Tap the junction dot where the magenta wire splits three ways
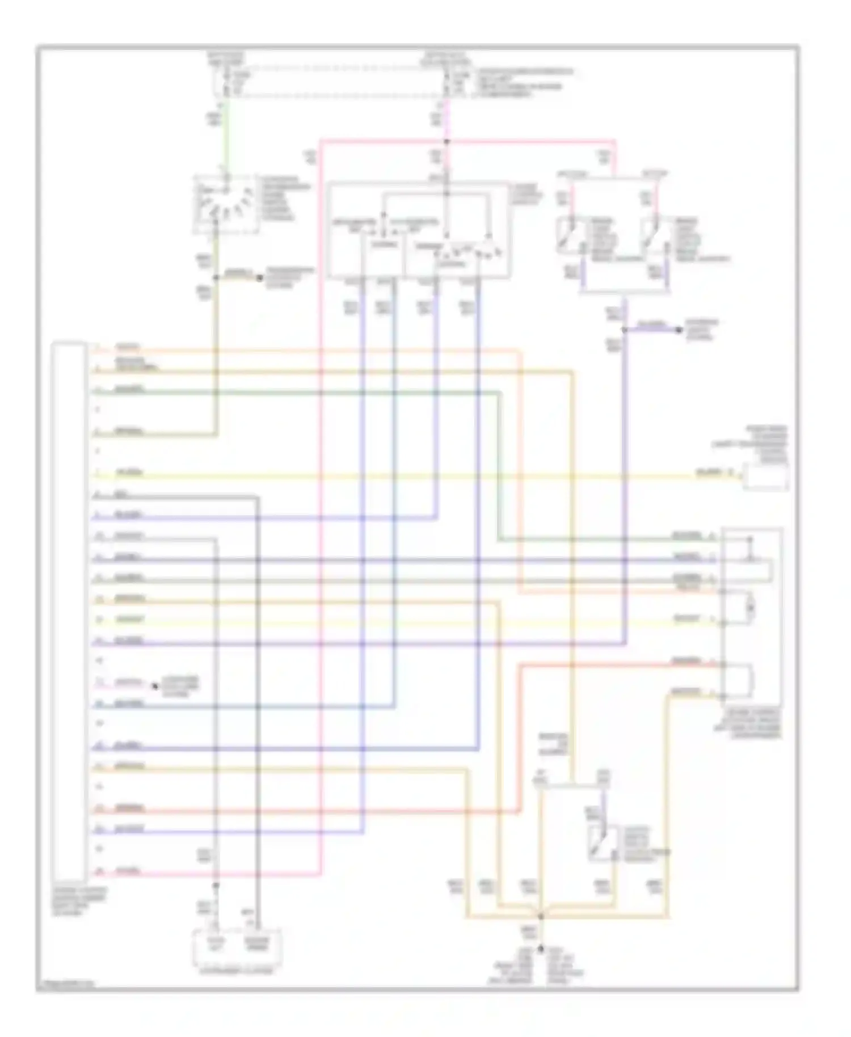(446, 141)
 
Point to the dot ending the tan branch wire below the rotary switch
(260, 278)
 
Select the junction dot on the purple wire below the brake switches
(625, 330)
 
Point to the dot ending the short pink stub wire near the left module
(154, 686)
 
